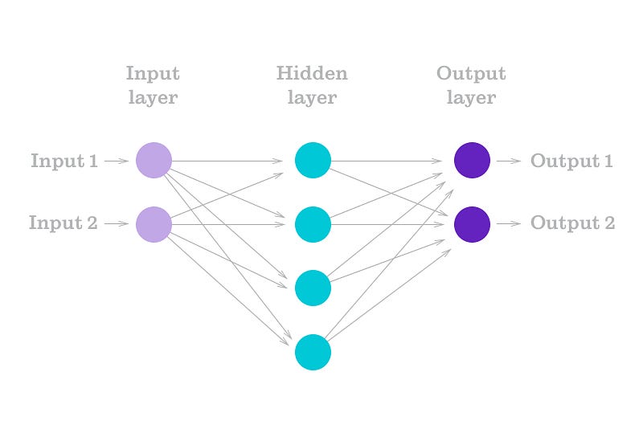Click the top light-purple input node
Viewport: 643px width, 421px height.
click(x=154, y=160)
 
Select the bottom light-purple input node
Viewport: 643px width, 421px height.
click(x=154, y=224)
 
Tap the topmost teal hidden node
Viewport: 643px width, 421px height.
click(x=313, y=160)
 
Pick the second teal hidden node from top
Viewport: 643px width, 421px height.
click(x=313, y=224)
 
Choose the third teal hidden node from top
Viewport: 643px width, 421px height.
click(x=313, y=288)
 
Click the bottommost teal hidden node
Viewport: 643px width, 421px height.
click(x=313, y=353)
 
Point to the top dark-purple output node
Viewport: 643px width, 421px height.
click(x=472, y=160)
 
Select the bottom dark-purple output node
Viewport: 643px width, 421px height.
click(x=472, y=224)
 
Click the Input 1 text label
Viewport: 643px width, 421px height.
click(x=64, y=161)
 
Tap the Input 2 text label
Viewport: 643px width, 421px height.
click(x=63, y=223)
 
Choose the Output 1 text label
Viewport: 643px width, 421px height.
click(x=571, y=161)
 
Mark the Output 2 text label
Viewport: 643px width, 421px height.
click(x=572, y=223)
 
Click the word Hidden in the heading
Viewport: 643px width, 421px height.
click(x=312, y=74)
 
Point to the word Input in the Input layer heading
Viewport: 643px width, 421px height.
click(x=153, y=74)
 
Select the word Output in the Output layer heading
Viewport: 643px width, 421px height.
click(x=471, y=74)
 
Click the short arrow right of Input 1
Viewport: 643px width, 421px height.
click(x=117, y=161)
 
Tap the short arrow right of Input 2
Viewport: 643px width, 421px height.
click(x=117, y=224)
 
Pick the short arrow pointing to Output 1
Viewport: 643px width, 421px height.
click(x=509, y=161)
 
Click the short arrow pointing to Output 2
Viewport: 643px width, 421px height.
click(x=509, y=224)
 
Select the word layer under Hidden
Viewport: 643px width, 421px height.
click(x=312, y=98)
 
